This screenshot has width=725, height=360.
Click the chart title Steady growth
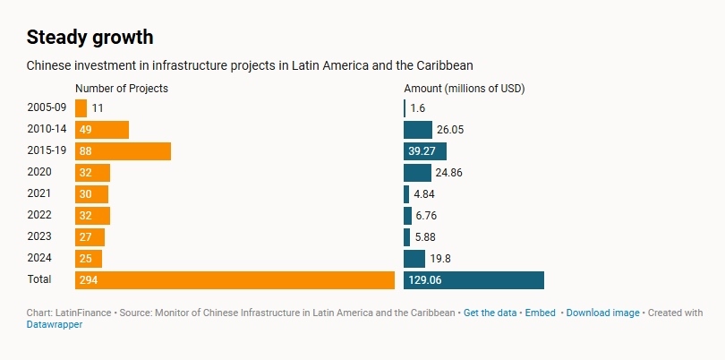[90, 38]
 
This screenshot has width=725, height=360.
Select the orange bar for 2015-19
[123, 150]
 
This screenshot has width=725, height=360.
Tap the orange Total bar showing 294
[235, 280]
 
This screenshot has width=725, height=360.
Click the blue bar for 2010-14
[418, 129]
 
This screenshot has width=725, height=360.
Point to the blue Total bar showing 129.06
[473, 280]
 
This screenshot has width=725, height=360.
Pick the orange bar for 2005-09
[81, 107]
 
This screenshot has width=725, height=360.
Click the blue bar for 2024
[414, 259]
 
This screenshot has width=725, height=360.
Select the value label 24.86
[450, 172]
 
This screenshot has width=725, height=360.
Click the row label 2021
[39, 193]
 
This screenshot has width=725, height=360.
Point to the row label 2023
[39, 236]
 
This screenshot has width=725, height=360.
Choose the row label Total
[39, 279]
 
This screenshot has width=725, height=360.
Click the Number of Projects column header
[122, 88]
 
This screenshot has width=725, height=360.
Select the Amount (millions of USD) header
[465, 88]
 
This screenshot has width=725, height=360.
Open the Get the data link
[490, 313]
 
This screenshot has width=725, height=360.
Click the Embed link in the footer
[540, 313]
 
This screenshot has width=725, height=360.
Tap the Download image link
[602, 313]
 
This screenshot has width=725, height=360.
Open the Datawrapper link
[55, 324]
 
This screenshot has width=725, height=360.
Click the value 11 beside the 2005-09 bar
[98, 107]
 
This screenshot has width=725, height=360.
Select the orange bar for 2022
[92, 215]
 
